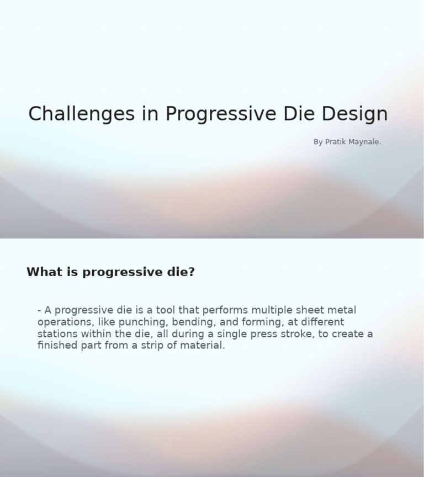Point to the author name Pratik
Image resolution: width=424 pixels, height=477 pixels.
pyautogui.click(x=335, y=142)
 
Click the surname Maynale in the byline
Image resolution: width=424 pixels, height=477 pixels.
pyautogui.click(x=364, y=142)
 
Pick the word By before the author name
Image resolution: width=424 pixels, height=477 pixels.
pyautogui.click(x=318, y=142)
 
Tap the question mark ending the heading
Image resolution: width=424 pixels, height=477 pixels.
pyautogui.click(x=192, y=272)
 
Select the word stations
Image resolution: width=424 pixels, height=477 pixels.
pyautogui.click(x=57, y=334)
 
